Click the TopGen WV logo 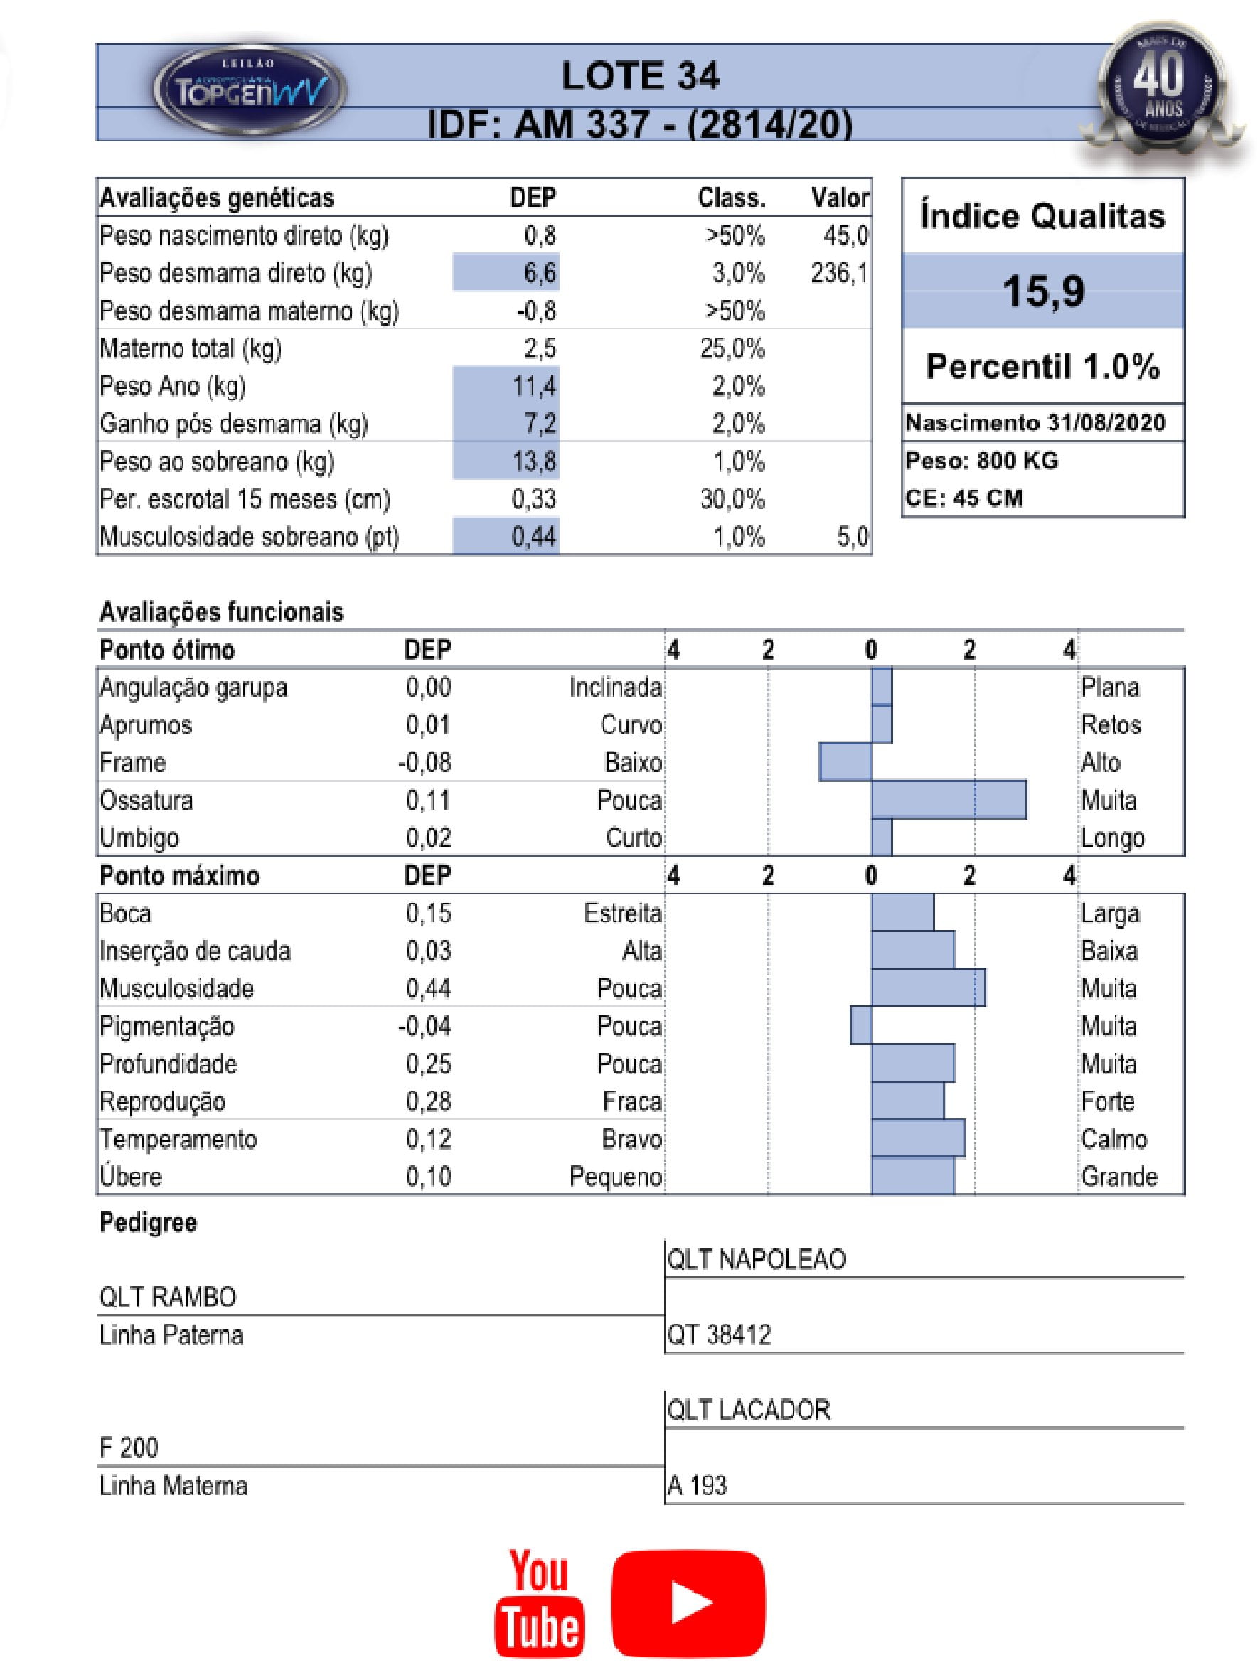coord(250,90)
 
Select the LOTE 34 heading coord(639,76)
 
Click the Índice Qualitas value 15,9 coord(1043,291)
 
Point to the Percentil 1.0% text coord(1043,367)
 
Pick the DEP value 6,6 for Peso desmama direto coord(539,273)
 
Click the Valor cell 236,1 coord(838,273)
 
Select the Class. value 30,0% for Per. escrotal coord(732,499)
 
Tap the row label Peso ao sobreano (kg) coord(217,461)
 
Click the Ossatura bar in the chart coord(949,800)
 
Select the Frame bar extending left coord(845,761)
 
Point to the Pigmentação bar coord(860,1025)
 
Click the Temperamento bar coord(918,1138)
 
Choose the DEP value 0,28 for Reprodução coord(428,1101)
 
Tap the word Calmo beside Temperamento coord(1114,1138)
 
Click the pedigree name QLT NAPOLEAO coord(756,1260)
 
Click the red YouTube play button coord(688,1603)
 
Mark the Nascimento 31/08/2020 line coord(1035,423)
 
